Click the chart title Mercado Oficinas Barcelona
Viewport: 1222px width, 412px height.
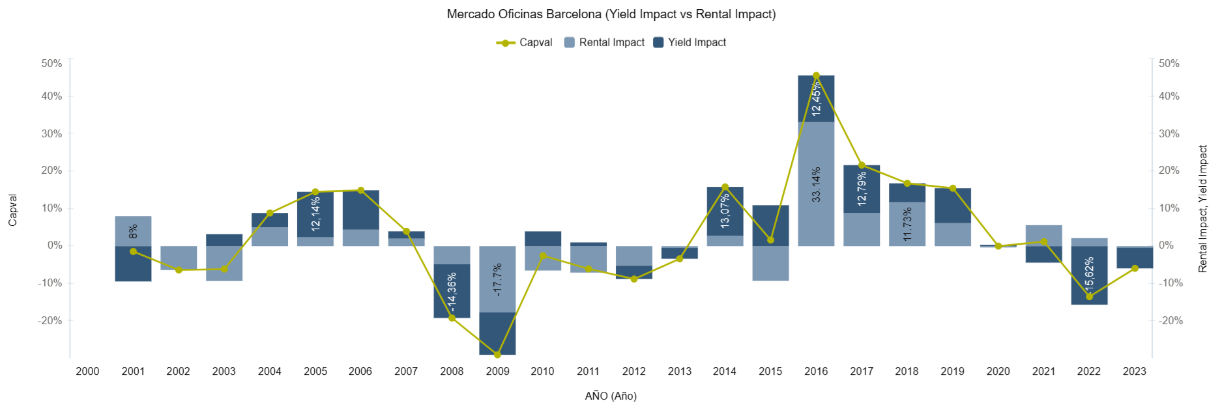[x=611, y=14]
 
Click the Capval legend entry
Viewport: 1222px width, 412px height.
[x=525, y=43]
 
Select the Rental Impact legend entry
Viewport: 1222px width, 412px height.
[x=604, y=43]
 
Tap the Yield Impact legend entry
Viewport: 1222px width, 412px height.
[x=690, y=43]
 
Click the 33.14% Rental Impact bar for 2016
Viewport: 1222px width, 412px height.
[x=816, y=184]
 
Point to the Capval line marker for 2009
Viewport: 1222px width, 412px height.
[x=497, y=355]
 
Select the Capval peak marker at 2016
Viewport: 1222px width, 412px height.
[x=816, y=76]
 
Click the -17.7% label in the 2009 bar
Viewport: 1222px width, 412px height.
[x=497, y=280]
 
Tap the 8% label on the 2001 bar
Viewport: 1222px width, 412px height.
[x=133, y=232]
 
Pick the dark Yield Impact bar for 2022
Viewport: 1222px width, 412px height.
[x=1089, y=275]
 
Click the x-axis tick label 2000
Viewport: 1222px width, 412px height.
[x=87, y=372]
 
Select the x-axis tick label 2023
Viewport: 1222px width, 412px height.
[x=1134, y=372]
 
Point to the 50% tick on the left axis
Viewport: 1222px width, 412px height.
[x=51, y=64]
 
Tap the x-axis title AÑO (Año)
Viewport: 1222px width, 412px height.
[x=611, y=396]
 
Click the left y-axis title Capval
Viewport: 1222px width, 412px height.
[x=13, y=210]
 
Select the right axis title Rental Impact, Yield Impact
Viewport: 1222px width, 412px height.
[x=1203, y=209]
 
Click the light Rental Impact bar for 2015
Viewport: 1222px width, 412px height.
[x=770, y=263]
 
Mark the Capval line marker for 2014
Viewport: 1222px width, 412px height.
[x=725, y=187]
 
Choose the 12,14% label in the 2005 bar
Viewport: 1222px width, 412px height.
[x=315, y=214]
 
